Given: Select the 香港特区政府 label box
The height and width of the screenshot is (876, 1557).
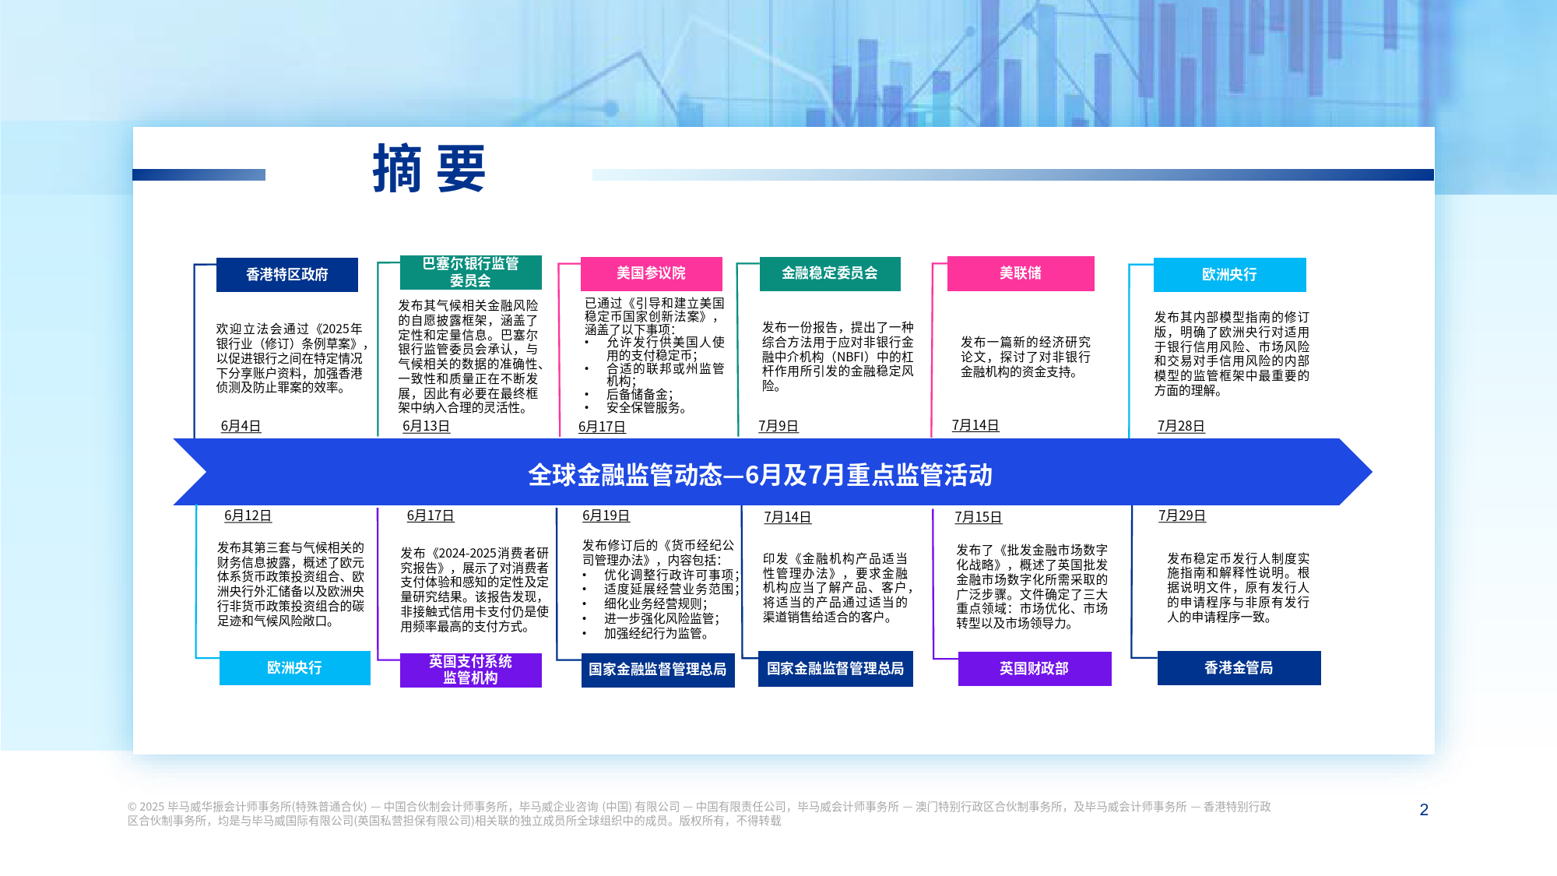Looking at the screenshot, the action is [287, 275].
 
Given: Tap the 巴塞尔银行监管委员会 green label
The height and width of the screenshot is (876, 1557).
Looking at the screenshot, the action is [471, 273].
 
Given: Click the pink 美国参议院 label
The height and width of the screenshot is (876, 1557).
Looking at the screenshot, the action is [652, 273].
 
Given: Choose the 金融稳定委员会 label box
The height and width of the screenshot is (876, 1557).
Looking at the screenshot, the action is [830, 273].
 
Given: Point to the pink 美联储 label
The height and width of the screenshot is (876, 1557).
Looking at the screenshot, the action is [1021, 273].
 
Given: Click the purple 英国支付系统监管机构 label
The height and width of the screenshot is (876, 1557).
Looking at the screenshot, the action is [471, 670].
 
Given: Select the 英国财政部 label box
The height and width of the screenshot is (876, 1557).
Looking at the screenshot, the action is [1035, 668].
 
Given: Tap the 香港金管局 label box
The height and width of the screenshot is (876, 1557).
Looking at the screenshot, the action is [1239, 668].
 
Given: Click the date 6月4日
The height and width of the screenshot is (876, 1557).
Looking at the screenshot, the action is [241, 427].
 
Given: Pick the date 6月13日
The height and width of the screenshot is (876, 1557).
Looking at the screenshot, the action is [427, 427].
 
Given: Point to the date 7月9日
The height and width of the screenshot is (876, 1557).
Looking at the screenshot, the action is [778, 427].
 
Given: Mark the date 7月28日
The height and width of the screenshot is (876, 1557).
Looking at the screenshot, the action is [1181, 427].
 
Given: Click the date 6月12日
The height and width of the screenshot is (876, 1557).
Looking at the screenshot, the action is [248, 516].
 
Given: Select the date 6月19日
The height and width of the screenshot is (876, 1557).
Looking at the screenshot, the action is [606, 516].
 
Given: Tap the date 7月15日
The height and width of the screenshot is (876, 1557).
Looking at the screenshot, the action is [979, 518].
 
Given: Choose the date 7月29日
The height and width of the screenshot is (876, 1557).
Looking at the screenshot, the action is [1183, 516].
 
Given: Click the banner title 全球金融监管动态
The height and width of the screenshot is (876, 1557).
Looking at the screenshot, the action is [625, 475].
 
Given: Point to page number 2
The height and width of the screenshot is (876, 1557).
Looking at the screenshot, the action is [1424, 810].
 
